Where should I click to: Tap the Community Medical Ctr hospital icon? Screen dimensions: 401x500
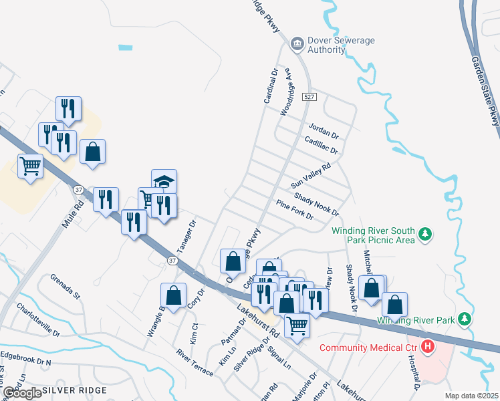coord(427,347)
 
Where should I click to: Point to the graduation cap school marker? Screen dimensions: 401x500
coord(164,181)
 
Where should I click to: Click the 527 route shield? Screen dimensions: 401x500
coord(308,97)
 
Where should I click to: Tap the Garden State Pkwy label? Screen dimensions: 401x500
coord(486,90)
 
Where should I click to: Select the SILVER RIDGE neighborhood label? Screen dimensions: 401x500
coord(74,390)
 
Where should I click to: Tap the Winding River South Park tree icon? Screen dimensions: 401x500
coord(424,235)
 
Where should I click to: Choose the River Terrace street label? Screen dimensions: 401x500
coord(195,362)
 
